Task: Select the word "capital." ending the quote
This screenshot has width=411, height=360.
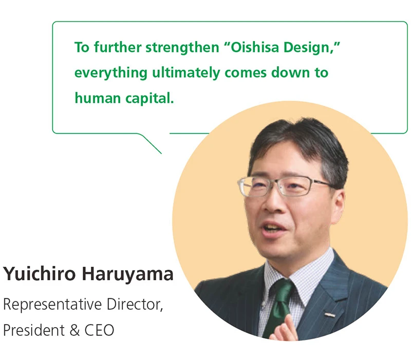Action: [150, 98]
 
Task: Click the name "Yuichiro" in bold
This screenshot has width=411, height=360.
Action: [40, 275]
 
